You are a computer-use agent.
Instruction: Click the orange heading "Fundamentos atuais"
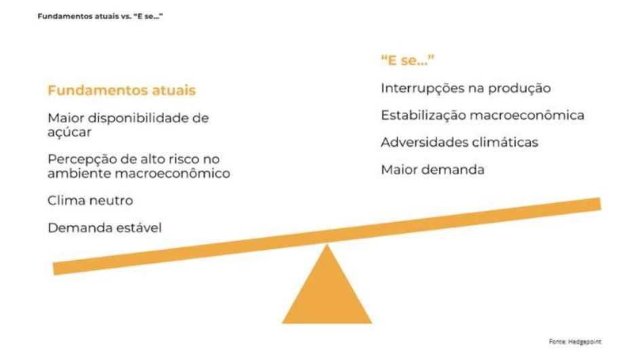tap(121, 90)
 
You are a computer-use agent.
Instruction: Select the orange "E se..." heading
tap(408, 60)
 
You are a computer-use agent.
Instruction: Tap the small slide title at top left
tap(100, 16)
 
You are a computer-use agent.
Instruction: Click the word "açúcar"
tap(69, 132)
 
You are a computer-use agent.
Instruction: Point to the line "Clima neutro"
tap(90, 200)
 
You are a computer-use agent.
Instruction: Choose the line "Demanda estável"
tap(105, 228)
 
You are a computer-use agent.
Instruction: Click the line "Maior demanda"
tap(432, 169)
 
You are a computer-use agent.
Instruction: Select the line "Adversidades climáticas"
tap(459, 142)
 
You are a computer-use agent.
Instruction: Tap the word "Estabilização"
tap(424, 115)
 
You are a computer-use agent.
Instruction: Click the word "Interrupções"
tap(420, 88)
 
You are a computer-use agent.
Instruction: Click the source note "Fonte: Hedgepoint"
tap(575, 342)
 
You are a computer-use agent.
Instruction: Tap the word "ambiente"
tap(79, 173)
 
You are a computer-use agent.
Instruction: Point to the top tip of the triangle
tap(326, 244)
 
